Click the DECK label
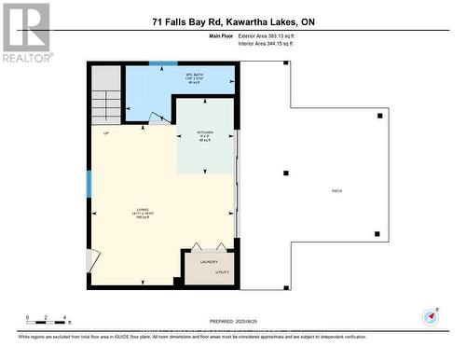coord(336,191)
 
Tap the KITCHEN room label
coord(205,133)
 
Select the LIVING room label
coord(143,210)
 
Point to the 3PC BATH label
coord(195,76)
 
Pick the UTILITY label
coord(222,272)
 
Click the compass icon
coord(430,316)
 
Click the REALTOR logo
coord(27,32)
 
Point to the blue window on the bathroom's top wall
coord(163,63)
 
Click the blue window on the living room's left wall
coord(89,184)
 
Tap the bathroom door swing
coord(160,118)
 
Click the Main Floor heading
coord(219,35)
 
